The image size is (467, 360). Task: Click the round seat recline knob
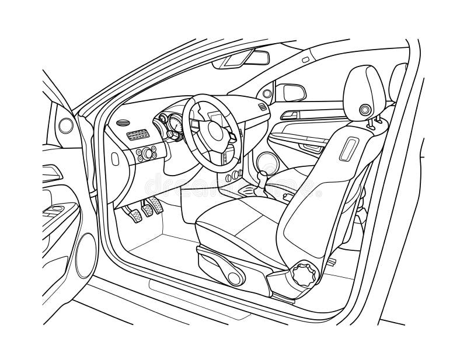tap(306, 272)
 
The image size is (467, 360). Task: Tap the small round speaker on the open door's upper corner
tap(66, 124)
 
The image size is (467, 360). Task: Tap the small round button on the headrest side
tap(366, 109)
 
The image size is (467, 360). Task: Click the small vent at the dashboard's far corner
tap(262, 107)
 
